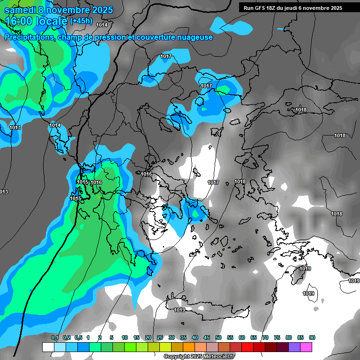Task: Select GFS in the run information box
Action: click(x=262, y=8)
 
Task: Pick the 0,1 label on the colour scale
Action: click(x=55, y=337)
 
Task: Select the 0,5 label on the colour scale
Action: click(x=78, y=337)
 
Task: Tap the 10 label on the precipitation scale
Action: click(x=125, y=337)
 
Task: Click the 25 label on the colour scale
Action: click(x=160, y=337)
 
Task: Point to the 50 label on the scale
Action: click(x=218, y=337)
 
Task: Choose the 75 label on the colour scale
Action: click(x=277, y=337)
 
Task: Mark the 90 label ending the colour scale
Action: click(x=312, y=337)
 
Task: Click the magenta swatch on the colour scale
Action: click(x=306, y=347)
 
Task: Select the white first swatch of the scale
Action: click(x=48, y=347)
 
